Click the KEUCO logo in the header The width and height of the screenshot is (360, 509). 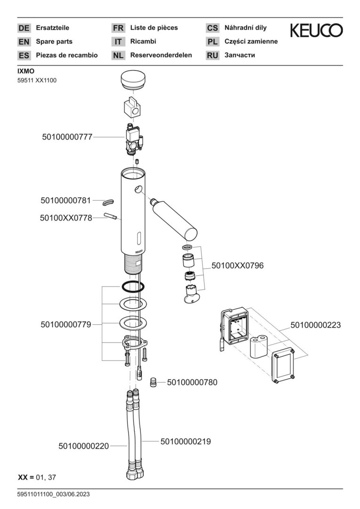[316, 31]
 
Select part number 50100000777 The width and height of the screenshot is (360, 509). [67, 137]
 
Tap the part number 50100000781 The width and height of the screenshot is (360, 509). [65, 201]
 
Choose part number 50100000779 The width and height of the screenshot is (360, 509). [65, 325]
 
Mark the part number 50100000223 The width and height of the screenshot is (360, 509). [315, 325]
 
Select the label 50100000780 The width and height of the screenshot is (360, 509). [192, 383]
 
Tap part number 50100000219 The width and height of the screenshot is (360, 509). [186, 442]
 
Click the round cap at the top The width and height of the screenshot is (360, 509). [134, 81]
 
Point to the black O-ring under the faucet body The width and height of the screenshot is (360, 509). [132, 286]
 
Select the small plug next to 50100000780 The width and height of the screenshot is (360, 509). [153, 382]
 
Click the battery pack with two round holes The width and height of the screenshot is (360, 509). [257, 349]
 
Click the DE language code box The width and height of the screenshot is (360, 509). [24, 28]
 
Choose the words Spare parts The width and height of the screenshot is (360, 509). [54, 41]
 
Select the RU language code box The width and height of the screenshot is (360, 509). [213, 55]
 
